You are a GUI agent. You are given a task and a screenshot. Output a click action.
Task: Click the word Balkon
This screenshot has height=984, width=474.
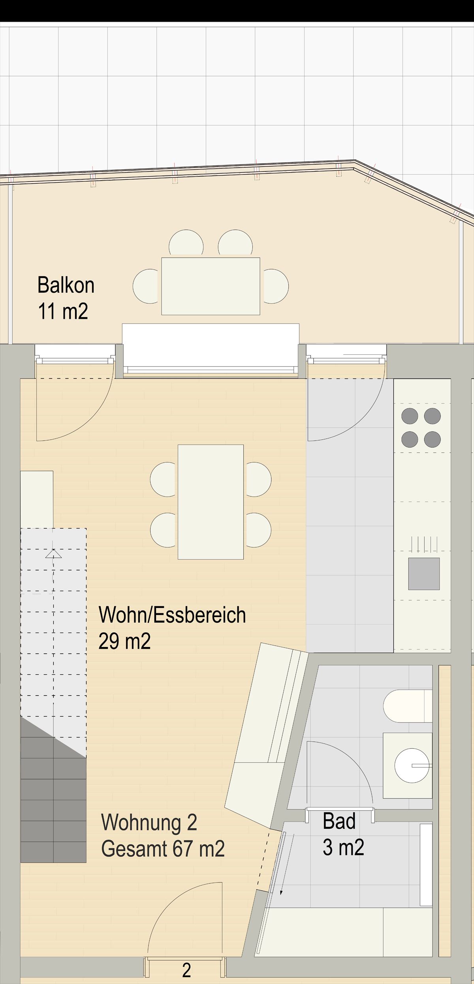pos(66,285)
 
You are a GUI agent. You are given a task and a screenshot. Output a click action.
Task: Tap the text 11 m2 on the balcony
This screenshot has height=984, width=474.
pos(63,311)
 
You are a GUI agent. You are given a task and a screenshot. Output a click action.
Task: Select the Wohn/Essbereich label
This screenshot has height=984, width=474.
pos(172,615)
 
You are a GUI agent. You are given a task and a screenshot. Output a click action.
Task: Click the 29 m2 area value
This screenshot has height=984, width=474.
pos(124,641)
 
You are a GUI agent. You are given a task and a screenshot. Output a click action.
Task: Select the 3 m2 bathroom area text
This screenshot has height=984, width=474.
pos(343,847)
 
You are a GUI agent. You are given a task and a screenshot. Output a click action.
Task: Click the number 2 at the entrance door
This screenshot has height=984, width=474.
pos(186,970)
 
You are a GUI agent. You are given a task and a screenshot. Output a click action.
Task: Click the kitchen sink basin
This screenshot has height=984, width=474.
pos(424,574)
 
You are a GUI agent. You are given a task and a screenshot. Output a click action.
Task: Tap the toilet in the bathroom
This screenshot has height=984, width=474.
pos(408,706)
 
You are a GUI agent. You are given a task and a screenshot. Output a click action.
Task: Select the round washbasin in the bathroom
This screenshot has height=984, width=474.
pos(412,765)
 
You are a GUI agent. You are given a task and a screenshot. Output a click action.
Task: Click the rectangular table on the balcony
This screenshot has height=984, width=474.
pos(211,286)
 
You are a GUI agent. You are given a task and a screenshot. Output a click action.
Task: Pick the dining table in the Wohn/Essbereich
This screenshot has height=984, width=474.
pos(211,502)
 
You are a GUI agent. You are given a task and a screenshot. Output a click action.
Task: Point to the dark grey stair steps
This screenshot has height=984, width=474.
pos(53,798)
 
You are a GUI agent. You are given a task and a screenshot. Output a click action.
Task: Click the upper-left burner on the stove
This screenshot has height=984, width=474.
pos(410,416)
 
